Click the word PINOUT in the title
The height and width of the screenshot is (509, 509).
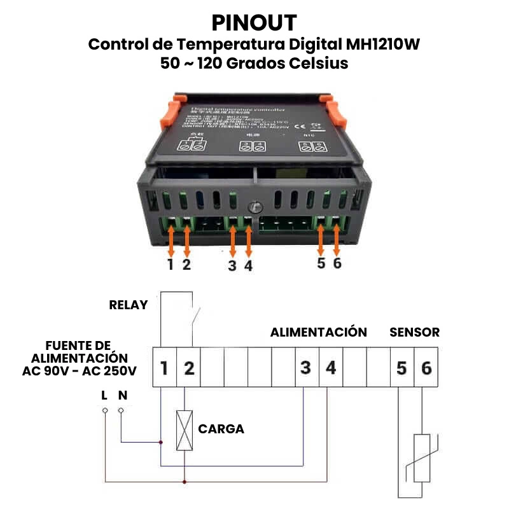click(254, 23)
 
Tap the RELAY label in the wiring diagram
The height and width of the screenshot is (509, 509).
click(129, 304)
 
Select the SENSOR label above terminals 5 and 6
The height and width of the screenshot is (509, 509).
click(414, 332)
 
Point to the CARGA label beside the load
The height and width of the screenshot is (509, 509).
click(221, 429)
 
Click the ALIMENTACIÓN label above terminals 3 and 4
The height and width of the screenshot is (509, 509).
click(318, 332)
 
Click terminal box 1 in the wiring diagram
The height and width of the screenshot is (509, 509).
click(164, 368)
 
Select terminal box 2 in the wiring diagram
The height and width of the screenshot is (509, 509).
click(188, 368)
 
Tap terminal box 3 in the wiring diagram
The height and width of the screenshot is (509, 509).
click(306, 368)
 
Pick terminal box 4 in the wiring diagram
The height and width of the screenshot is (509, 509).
click(330, 368)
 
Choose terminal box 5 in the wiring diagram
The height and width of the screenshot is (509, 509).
click(401, 368)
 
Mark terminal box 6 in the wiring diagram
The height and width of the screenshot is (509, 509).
click(426, 368)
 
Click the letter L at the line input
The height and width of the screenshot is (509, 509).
click(104, 395)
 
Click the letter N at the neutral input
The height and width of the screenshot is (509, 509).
click(123, 395)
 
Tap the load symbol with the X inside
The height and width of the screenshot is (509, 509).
click(185, 431)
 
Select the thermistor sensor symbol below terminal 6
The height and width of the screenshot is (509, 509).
click(423, 458)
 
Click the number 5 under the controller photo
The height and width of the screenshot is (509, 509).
click(321, 263)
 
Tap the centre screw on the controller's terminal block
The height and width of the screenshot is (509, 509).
click(254, 207)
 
